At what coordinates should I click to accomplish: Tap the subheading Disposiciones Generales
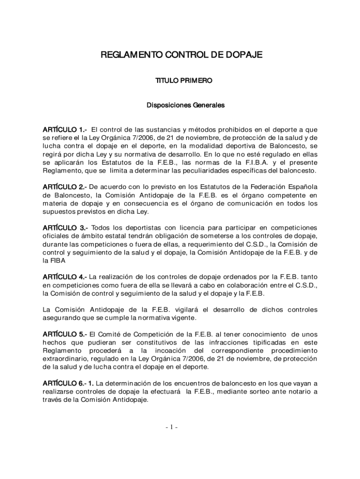(x=186, y=105)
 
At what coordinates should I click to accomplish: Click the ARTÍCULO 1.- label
(x=65, y=130)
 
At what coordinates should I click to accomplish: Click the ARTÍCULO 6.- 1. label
(x=72, y=383)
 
